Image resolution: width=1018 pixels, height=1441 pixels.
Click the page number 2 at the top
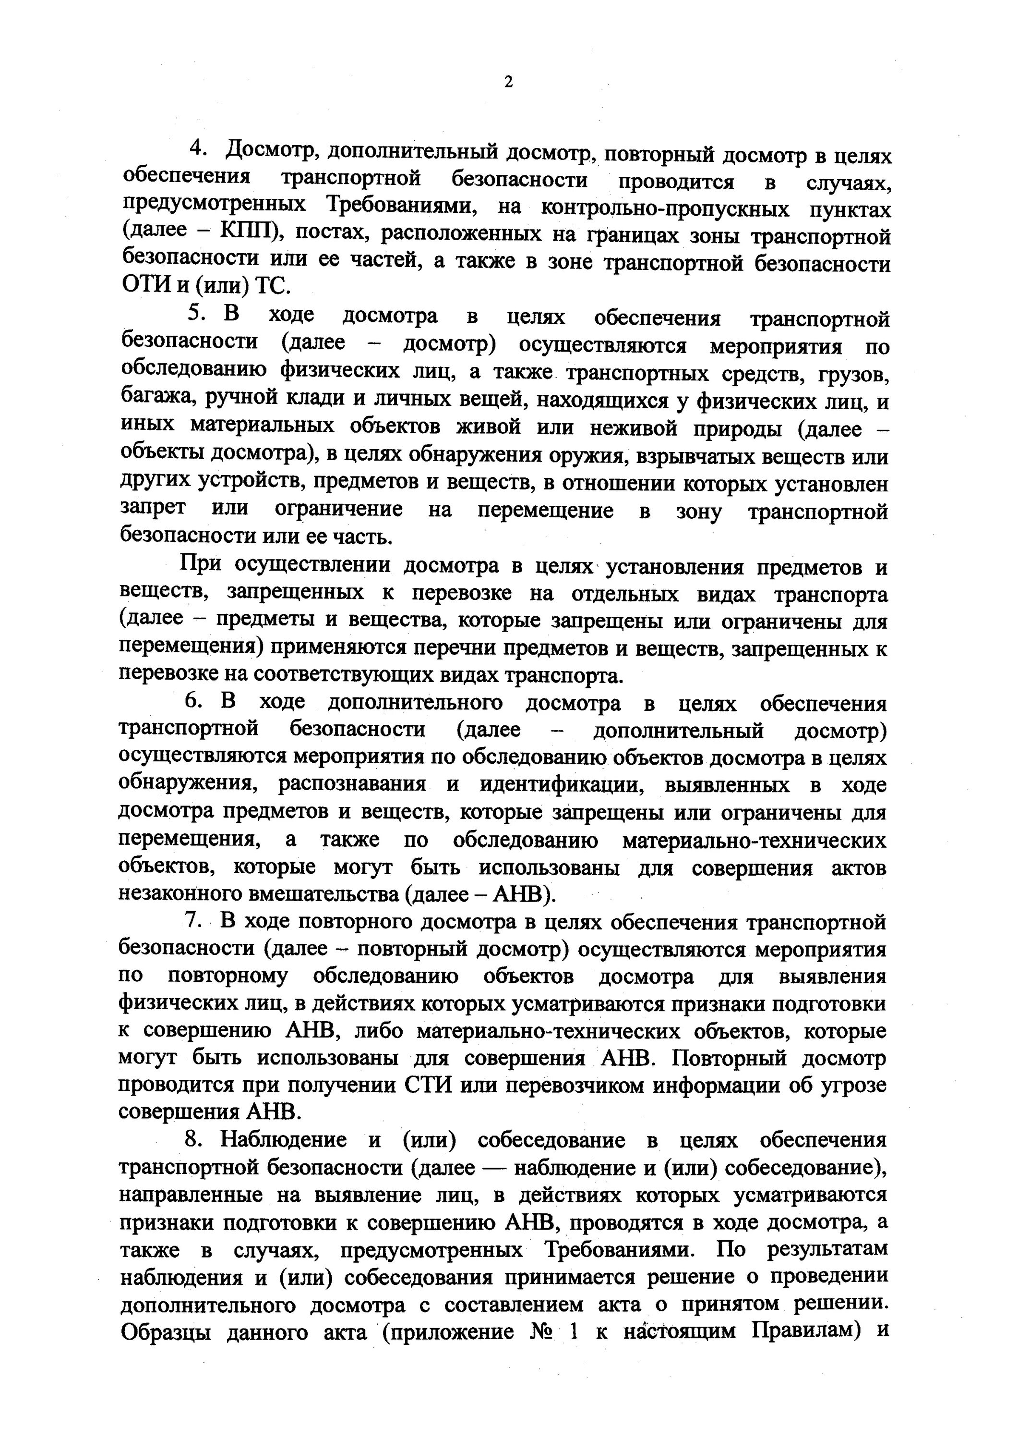point(508,82)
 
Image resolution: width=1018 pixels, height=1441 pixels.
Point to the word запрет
point(153,508)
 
